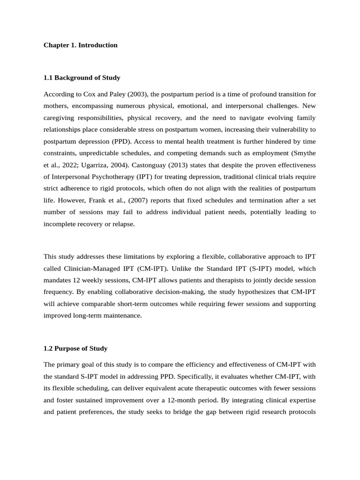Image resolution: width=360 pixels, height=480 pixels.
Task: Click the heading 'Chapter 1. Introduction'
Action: (80, 45)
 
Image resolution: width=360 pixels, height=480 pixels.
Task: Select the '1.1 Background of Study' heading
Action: (82, 78)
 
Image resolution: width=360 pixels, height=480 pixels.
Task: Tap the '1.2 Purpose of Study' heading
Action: (75, 348)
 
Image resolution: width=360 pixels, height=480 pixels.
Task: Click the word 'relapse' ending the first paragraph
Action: (123, 224)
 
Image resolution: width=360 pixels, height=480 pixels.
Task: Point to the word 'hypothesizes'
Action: (244, 292)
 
